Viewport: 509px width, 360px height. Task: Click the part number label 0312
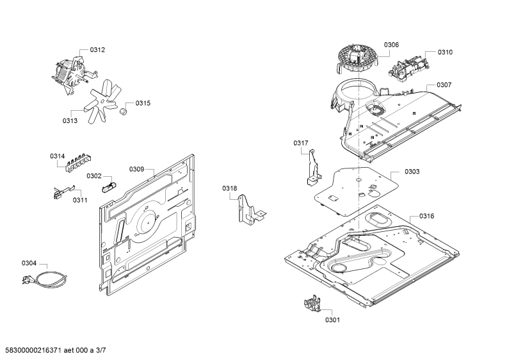pos(97,50)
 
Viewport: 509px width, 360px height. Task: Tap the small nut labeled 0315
pos(124,111)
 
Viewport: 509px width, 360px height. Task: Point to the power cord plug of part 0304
pos(26,280)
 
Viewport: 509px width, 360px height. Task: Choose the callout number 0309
pos(136,169)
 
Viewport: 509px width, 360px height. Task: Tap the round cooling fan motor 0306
pos(357,61)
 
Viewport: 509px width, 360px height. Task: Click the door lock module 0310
pos(408,69)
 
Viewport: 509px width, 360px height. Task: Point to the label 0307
pos(444,85)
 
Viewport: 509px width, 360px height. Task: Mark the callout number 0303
pos(412,172)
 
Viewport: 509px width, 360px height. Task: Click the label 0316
pos(426,216)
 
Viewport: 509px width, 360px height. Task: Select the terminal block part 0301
pos(312,303)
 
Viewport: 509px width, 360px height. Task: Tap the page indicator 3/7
pos(101,350)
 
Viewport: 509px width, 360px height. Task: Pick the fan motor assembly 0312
pos(74,74)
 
